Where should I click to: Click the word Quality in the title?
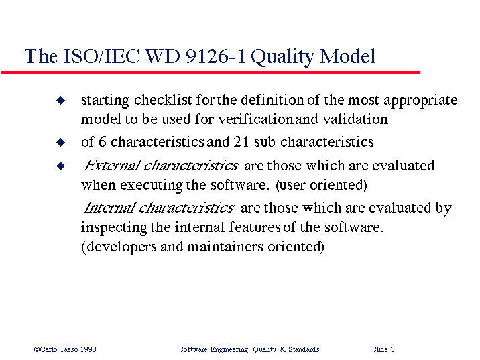click(x=282, y=57)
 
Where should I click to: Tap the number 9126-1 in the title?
click(x=215, y=56)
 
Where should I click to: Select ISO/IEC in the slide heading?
click(x=101, y=56)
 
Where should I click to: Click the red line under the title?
click(x=211, y=72)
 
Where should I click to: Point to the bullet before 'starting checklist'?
click(x=60, y=100)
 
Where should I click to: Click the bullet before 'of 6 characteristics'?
click(x=60, y=142)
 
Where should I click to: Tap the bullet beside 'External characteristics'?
click(x=60, y=166)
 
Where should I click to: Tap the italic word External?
click(x=113, y=166)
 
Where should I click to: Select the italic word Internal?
click(x=110, y=208)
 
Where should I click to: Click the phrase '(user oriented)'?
click(x=321, y=185)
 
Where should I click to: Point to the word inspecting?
click(x=113, y=228)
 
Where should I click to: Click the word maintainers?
click(x=225, y=247)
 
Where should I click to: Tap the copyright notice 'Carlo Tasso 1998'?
click(x=65, y=349)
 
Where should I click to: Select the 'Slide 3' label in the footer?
click(x=383, y=349)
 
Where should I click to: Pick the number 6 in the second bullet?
click(x=103, y=141)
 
